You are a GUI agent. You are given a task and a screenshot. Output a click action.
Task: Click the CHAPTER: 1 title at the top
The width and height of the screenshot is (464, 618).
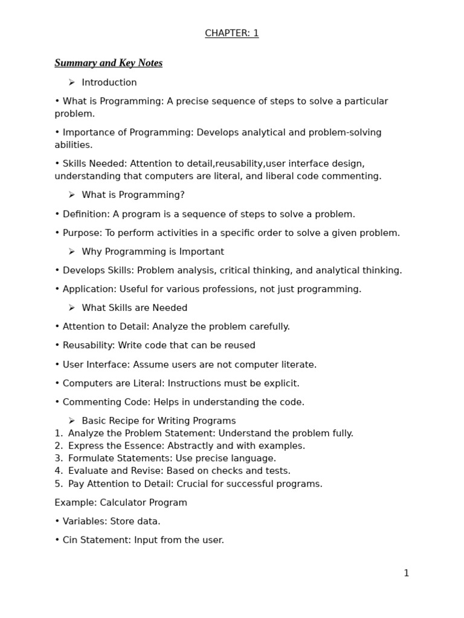(231, 33)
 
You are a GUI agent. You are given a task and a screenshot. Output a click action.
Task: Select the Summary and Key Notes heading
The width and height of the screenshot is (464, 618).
(108, 63)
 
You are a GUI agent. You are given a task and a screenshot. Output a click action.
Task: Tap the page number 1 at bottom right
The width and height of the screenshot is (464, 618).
(406, 573)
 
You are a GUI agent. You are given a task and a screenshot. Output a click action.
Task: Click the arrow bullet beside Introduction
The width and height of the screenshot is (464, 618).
(71, 82)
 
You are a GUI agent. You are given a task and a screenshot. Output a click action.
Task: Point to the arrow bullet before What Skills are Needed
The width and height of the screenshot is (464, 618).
(71, 308)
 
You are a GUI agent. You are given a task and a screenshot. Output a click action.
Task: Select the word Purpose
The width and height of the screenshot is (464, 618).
(81, 233)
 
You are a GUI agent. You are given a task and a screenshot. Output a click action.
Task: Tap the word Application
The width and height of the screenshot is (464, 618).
(88, 289)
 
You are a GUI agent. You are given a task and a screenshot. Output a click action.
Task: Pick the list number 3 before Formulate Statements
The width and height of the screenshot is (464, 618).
(58, 458)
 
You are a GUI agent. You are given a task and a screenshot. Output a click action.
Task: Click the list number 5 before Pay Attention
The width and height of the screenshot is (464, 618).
(58, 483)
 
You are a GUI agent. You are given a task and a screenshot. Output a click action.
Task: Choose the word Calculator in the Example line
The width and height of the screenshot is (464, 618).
(124, 503)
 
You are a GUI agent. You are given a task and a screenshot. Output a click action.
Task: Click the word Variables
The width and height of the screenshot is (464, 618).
(83, 521)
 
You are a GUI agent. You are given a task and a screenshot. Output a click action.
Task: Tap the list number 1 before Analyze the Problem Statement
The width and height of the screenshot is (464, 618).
(58, 433)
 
